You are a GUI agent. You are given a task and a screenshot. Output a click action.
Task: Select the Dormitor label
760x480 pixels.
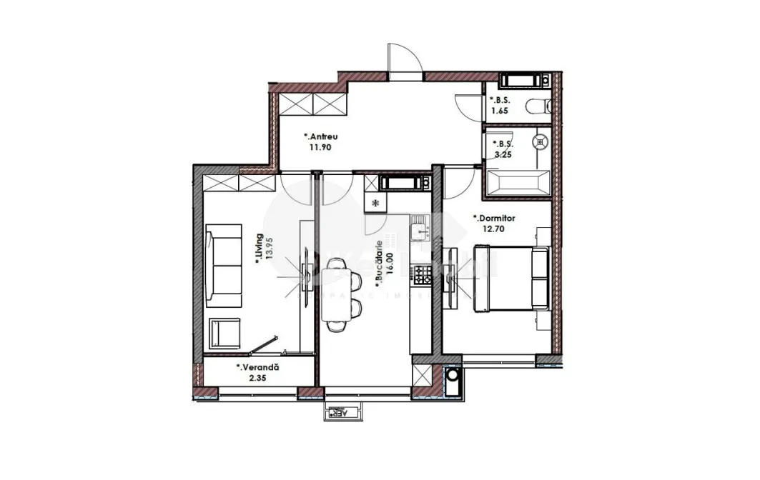tap(493, 219)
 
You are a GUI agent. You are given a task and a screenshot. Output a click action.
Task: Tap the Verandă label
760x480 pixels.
tap(258, 367)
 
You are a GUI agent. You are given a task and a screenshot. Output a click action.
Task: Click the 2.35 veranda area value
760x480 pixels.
tap(248, 379)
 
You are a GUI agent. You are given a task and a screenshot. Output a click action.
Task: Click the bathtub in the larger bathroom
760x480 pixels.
tap(516, 182)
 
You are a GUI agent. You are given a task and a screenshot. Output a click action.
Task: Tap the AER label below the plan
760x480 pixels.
tap(343, 413)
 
